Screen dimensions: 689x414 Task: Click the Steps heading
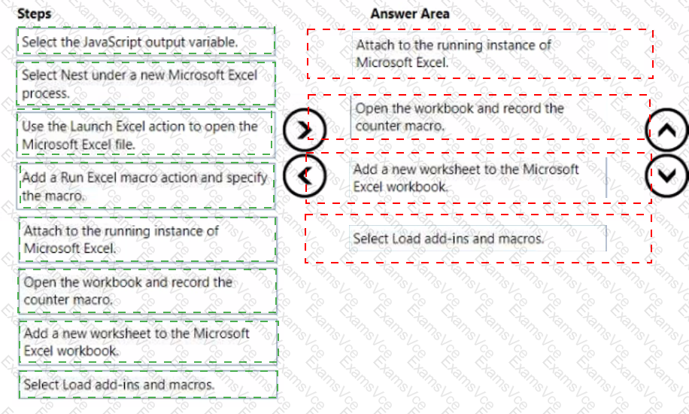35,14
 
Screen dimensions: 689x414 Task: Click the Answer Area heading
409,14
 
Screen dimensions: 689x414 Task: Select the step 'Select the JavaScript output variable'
145,41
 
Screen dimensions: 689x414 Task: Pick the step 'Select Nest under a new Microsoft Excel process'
145,84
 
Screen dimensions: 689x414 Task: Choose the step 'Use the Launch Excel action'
144,135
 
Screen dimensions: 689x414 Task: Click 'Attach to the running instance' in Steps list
147,239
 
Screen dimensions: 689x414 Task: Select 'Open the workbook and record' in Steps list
147,291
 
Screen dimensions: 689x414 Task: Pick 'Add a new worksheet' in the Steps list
147,342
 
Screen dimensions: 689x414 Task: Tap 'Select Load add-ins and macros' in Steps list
147,384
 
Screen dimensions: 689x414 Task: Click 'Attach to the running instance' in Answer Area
480,53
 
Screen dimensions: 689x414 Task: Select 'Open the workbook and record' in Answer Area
479,117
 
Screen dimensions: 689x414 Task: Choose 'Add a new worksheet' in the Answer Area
478,178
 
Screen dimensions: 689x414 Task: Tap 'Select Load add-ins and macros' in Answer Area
478,239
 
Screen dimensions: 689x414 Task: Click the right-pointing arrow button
305,130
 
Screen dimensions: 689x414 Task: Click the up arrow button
666,130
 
